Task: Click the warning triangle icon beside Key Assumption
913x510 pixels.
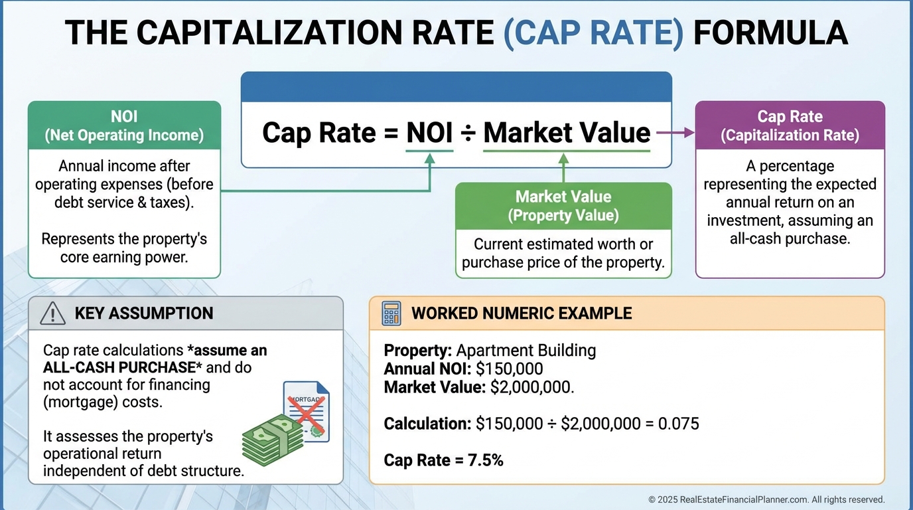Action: click(52, 313)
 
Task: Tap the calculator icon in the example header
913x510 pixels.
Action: click(391, 313)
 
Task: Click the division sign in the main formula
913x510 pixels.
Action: click(467, 133)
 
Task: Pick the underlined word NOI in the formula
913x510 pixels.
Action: click(429, 133)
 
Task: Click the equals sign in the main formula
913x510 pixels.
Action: click(390, 133)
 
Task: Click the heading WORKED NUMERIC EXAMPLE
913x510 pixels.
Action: click(522, 313)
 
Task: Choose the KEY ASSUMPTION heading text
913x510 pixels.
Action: click(144, 313)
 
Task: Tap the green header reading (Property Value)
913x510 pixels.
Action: click(563, 215)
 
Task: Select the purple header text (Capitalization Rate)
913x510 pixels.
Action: click(790, 135)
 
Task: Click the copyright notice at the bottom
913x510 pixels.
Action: click(766, 499)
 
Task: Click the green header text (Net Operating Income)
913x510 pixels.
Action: click(124, 135)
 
